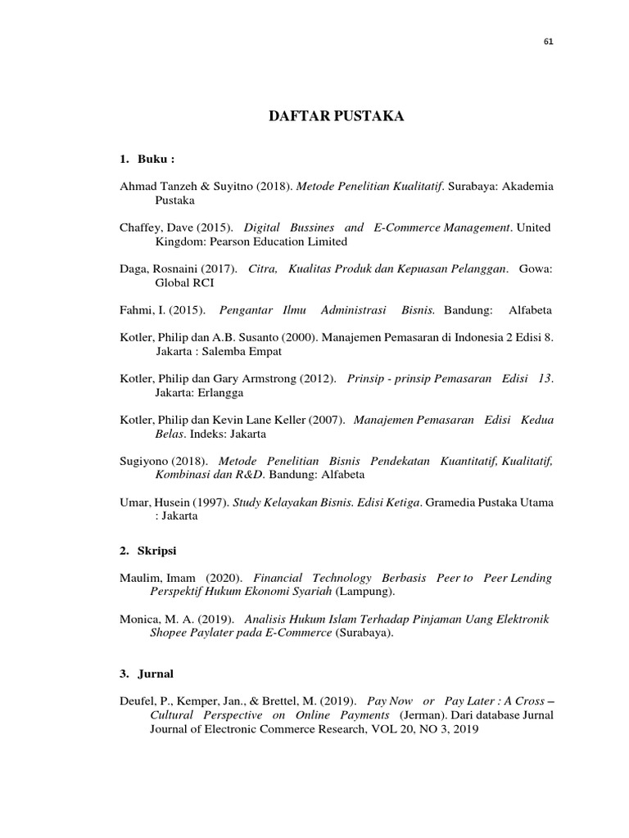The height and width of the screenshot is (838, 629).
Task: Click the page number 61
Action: [x=548, y=43]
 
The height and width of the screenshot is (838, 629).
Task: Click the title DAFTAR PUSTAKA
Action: [x=337, y=117]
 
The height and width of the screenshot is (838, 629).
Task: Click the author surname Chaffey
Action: [x=142, y=227]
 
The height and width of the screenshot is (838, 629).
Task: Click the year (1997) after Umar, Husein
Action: [x=213, y=502]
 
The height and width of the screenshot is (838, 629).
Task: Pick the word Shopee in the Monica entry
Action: [x=172, y=633]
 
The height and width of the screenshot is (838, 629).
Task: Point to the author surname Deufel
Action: [x=139, y=701]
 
